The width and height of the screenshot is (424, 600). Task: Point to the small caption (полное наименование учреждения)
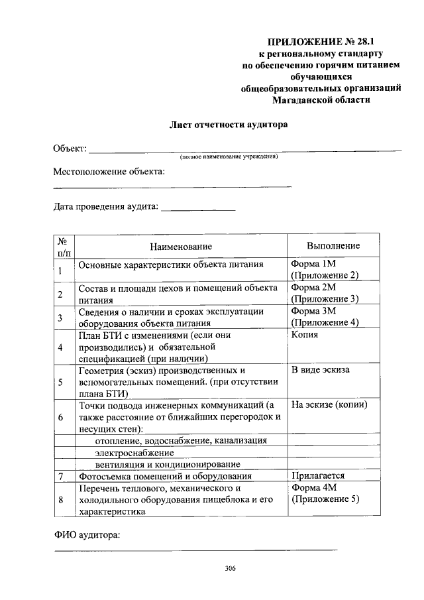[229, 158]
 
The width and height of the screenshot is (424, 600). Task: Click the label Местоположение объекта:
[109, 172]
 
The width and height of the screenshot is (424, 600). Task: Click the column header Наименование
[180, 246]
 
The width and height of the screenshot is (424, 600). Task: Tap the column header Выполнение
[333, 246]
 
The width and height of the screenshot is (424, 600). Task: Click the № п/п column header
[64, 246]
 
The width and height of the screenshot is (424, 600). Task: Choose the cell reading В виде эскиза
[320, 370]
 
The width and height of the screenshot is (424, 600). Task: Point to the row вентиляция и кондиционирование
[158, 464]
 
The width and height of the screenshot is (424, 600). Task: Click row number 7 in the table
[60, 476]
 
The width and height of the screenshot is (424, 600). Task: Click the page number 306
[231, 569]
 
